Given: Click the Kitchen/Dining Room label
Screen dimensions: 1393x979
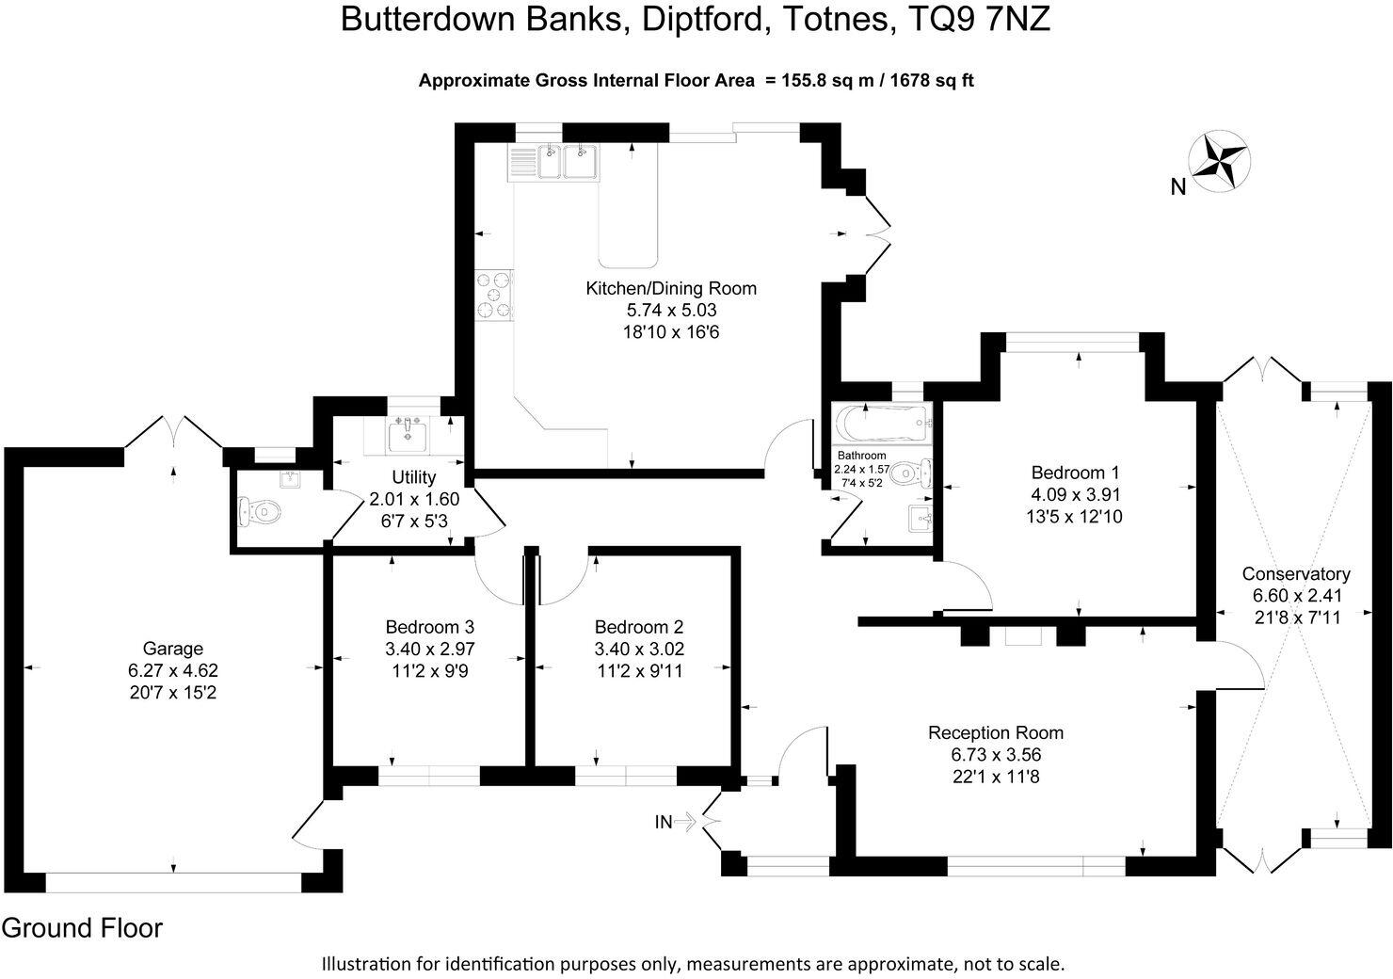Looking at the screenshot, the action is (671, 289).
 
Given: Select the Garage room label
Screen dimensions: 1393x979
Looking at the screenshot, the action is (172, 649).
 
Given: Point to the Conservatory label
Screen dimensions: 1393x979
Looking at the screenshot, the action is (1296, 573).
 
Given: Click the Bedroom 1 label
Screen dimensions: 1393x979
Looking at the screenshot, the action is (1076, 472).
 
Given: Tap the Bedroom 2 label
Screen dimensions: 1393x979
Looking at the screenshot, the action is (638, 627).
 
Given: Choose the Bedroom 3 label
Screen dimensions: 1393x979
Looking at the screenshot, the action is (429, 627).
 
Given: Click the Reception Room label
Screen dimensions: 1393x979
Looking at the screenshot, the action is (996, 732).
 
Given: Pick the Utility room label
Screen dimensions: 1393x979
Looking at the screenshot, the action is (413, 477).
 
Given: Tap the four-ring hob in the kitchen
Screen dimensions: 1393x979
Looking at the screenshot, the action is (494, 294).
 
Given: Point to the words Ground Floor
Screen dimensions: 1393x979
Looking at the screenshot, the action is (82, 928).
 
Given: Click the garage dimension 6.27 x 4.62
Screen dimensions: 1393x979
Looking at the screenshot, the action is (172, 671).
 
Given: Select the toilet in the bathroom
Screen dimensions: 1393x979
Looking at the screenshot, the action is (911, 471).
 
